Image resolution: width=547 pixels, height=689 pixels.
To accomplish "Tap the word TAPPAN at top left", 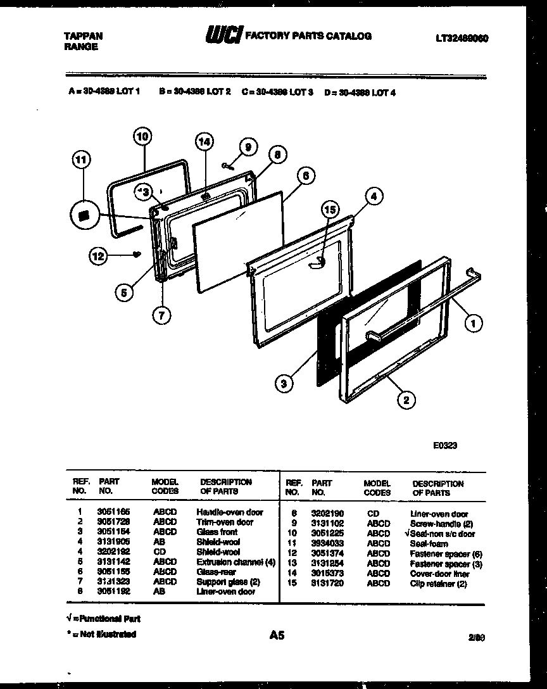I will pos(83,37).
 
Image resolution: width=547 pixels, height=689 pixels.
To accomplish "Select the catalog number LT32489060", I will pos(462,38).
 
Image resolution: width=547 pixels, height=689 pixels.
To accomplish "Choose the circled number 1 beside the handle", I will pos(472,324).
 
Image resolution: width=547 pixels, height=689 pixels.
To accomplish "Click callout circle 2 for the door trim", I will pos(406,399).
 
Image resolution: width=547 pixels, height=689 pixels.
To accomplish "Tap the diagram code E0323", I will pos(445,445).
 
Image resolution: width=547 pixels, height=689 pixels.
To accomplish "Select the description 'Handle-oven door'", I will pos(229,512).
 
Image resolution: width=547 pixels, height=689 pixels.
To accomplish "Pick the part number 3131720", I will pos(327,583).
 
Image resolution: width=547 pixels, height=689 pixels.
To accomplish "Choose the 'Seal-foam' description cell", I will pos(429,543).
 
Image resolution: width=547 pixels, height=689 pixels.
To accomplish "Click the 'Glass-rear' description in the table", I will pos(216,571).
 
